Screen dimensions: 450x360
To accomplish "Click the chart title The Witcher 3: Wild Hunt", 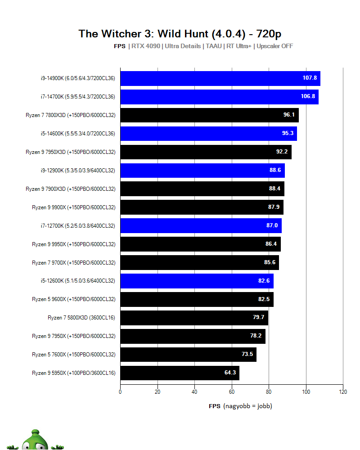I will point(180,34).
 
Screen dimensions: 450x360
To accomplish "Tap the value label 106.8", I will point(309,97).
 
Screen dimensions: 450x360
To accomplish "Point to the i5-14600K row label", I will point(77,134).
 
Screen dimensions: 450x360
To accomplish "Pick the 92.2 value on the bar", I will point(282,152).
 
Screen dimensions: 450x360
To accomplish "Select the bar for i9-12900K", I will point(202,171).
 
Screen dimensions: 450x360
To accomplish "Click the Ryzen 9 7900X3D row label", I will point(70,189).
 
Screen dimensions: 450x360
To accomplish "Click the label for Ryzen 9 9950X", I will point(73,244).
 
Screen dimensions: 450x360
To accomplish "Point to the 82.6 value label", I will point(264,281).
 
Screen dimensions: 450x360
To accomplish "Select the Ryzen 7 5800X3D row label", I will point(81,318).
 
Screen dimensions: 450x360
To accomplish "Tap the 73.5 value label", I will point(247,355).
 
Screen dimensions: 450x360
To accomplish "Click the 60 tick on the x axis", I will point(232,391).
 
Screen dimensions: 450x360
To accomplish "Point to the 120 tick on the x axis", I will point(343,391).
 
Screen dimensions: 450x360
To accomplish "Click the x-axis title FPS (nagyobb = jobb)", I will point(240,406).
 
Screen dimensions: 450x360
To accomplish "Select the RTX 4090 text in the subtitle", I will point(146,46).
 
